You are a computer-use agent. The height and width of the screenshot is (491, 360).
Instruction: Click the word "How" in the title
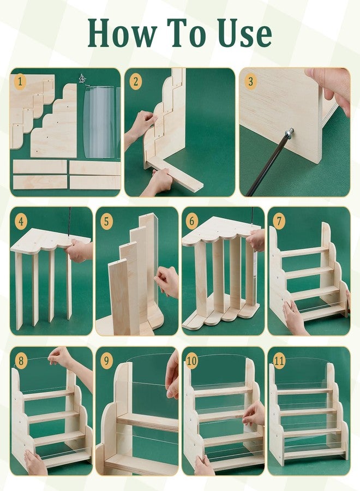(122, 33)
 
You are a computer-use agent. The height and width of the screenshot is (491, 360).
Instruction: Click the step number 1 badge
(20, 82)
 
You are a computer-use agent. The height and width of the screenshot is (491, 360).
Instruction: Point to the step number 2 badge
(136, 82)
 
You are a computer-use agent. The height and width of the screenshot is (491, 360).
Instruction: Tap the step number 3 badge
(250, 81)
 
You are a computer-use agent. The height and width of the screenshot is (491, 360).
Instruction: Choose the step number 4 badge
(21, 221)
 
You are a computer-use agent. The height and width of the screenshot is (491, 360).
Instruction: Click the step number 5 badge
(106, 221)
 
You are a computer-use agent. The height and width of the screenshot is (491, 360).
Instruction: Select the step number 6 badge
(191, 221)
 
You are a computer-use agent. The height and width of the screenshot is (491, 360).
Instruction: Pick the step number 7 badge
(279, 221)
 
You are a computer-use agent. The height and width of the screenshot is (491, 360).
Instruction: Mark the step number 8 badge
(21, 361)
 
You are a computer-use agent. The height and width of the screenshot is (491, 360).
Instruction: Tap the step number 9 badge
(106, 361)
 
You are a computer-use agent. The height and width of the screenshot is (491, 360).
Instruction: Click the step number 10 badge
(191, 361)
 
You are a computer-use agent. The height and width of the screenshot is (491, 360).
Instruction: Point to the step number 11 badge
(279, 361)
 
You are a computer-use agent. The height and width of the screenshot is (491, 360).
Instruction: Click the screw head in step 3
(289, 134)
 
